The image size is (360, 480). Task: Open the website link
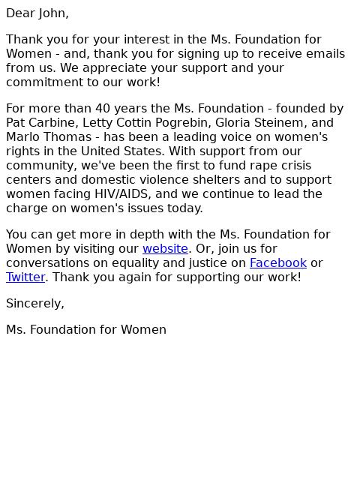(165, 248)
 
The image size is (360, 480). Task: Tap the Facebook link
(277, 262)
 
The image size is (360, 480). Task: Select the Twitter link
(25, 277)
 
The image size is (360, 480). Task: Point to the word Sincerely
(34, 303)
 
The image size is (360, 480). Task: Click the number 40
(103, 108)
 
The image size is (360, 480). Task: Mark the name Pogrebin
(160, 122)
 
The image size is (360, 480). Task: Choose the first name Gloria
(220, 122)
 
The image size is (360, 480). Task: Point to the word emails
(323, 53)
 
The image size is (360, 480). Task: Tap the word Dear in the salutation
(19, 13)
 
